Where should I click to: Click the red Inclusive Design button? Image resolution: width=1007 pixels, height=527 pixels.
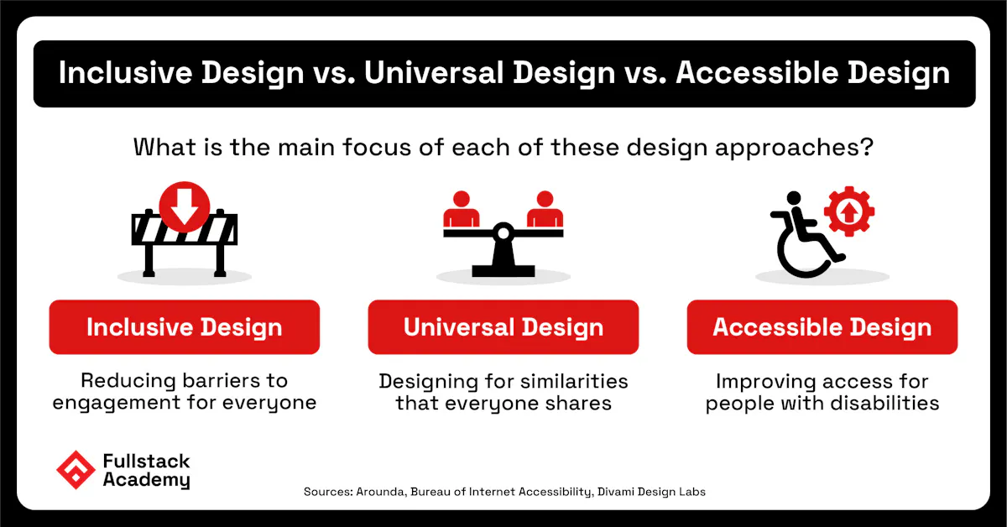pos(185,327)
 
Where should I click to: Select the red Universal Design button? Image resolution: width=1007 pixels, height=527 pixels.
pos(503,327)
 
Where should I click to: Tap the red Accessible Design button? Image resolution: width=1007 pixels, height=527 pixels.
pos(822,327)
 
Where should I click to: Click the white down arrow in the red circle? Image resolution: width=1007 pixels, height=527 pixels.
pos(184,210)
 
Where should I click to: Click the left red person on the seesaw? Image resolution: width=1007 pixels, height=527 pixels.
pos(460,210)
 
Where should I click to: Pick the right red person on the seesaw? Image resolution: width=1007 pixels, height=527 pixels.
pos(545,210)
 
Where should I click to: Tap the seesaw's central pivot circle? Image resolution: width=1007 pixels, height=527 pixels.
pos(503,232)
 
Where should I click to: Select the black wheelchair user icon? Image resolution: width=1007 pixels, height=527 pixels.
pos(801,239)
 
